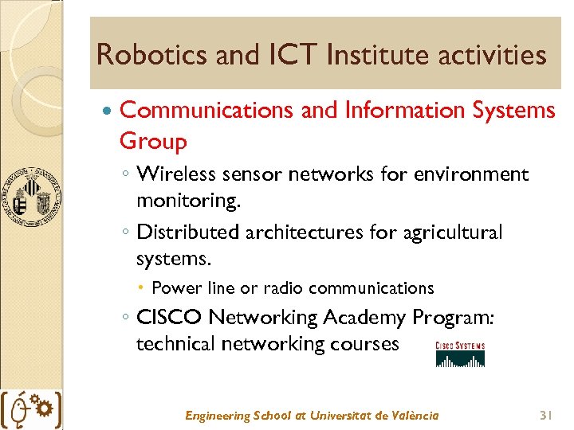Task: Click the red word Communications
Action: click(206, 110)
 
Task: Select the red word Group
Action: click(153, 142)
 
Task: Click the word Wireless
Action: click(175, 174)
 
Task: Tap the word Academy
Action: click(365, 317)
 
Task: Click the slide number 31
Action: click(546, 415)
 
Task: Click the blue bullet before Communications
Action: click(108, 111)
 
